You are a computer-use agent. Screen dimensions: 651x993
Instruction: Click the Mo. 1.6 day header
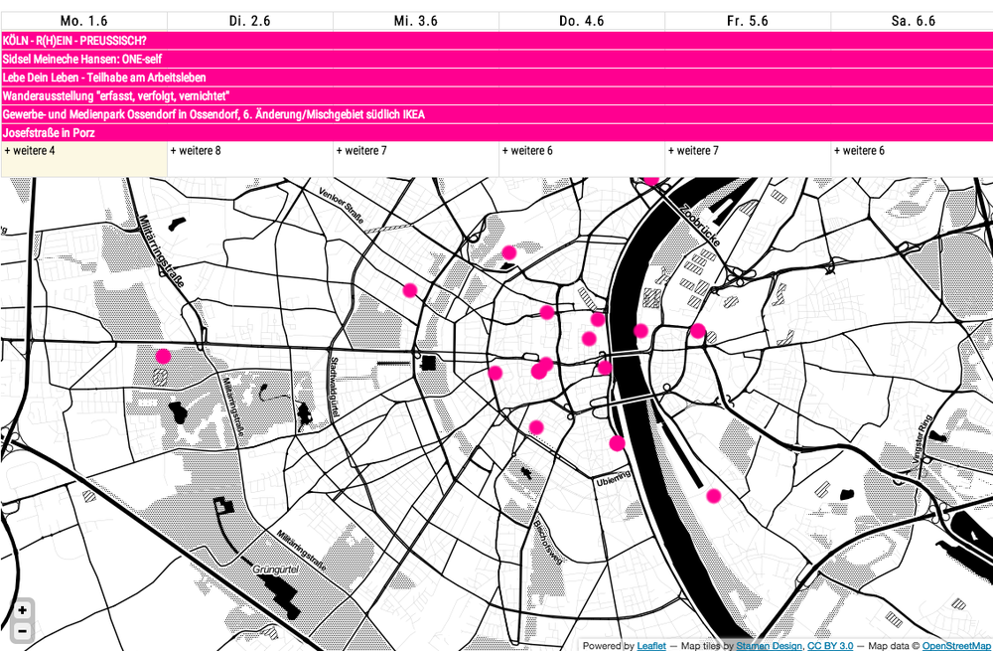tap(83, 21)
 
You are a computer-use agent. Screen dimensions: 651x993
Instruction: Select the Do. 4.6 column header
tap(581, 21)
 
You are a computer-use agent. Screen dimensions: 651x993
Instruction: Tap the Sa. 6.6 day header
tap(913, 21)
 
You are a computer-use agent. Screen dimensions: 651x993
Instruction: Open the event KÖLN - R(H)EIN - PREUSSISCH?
tap(75, 41)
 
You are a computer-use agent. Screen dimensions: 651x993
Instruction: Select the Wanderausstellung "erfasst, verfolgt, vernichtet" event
tap(116, 96)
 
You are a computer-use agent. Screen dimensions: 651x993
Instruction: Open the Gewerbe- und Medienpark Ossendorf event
tap(213, 114)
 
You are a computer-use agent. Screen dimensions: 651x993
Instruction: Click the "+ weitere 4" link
tap(31, 151)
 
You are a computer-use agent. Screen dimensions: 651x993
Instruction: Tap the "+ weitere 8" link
tap(196, 151)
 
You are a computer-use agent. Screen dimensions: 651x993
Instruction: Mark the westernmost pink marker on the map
tap(163, 355)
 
